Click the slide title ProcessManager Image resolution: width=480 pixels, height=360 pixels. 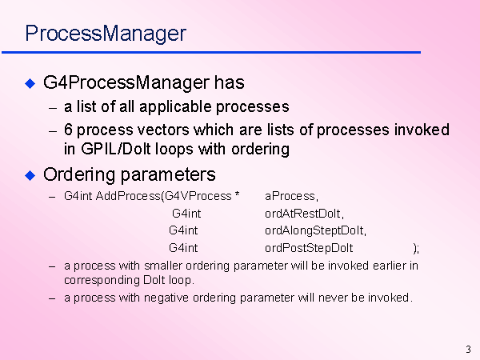106,34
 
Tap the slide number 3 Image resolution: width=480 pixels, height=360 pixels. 468,350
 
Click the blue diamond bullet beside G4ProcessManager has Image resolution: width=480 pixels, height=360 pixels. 30,83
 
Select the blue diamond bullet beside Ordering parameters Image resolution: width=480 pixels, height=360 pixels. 30,176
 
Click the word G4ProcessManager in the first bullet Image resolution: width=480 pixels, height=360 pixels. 126,83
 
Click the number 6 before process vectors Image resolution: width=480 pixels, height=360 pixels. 68,130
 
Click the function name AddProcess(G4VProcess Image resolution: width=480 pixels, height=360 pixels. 163,196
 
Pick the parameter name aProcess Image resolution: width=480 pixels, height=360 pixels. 291,196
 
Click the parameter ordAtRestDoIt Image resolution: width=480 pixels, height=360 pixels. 304,214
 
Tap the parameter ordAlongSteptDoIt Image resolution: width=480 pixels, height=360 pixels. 316,231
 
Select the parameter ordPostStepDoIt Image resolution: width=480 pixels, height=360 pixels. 309,248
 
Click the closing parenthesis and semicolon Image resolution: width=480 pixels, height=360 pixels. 416,249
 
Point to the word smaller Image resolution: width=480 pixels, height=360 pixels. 163,266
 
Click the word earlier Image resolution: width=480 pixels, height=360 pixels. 388,266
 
